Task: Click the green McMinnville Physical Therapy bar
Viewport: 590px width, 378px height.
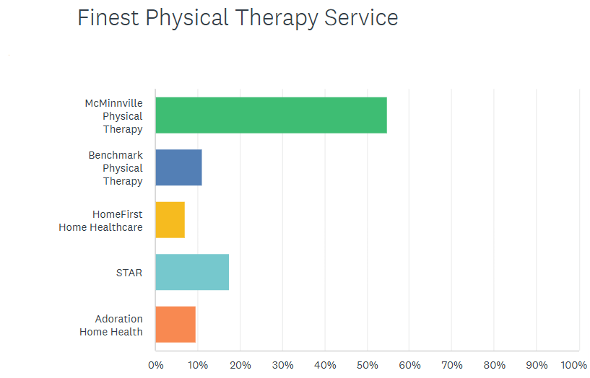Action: [271, 115]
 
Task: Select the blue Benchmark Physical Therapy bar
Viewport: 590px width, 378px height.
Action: [178, 167]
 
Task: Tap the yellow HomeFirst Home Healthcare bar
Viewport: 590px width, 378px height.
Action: [170, 220]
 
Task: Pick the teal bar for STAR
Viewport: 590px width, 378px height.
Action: [192, 272]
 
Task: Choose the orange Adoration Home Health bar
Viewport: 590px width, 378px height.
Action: [175, 325]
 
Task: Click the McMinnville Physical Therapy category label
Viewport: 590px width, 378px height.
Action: [113, 116]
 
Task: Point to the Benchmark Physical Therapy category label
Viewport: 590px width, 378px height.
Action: [116, 168]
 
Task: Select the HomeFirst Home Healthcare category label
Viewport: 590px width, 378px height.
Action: [101, 221]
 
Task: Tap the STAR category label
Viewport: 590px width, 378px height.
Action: [129, 273]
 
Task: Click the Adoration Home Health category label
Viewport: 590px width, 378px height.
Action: [111, 325]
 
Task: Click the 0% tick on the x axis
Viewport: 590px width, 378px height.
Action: [156, 365]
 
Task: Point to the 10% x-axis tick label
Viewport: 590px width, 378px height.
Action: [198, 365]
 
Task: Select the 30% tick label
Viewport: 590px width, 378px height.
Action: [283, 365]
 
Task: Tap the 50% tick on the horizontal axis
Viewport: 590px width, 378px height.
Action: [368, 365]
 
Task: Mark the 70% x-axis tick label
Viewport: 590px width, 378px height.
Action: [452, 365]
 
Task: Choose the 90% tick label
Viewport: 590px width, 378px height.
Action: [537, 365]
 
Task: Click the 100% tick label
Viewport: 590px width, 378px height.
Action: [575, 365]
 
